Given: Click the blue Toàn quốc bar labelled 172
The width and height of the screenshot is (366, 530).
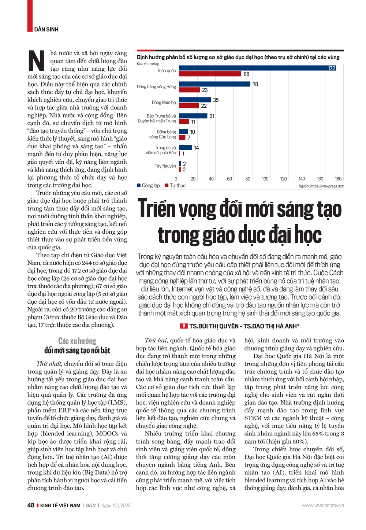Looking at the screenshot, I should pos(257,68).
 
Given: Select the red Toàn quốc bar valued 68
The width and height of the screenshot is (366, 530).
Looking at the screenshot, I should pos(210,74).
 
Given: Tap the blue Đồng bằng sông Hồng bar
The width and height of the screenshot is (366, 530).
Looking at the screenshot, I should pos(215,84).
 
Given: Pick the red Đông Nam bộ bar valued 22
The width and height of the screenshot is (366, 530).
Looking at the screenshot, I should pos(189,106).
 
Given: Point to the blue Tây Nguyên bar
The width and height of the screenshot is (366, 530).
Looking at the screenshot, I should pos(180,163).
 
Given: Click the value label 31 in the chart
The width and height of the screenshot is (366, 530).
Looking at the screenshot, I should pos(212,116).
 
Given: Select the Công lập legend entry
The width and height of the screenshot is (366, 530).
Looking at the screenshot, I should pos(149,186).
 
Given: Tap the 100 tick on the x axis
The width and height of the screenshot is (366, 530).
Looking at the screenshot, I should pos(265,179).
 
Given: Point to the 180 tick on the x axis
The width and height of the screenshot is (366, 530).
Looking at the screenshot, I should pos(338,179).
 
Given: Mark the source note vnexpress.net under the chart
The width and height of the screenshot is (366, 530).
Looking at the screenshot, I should pos(321,186).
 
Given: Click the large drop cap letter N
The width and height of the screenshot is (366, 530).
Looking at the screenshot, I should pos(37,61).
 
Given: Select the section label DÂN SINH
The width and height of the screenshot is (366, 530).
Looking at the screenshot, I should pos(46,29).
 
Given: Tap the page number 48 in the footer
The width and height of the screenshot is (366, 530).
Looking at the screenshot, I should pos(31,505).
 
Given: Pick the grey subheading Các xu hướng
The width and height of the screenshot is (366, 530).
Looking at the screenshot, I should pos(77,341).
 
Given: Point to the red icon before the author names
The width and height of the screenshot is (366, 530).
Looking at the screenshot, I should pos(184,326).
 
